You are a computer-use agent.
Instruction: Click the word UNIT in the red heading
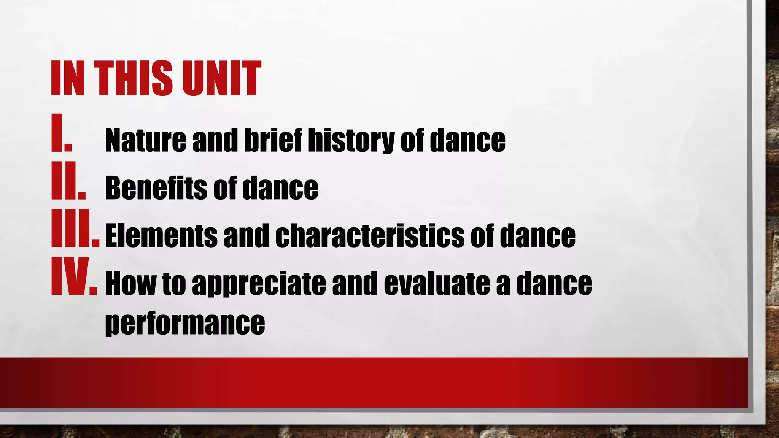[221, 79]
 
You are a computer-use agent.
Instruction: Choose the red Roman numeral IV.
[73, 276]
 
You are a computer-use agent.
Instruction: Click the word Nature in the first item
[145, 140]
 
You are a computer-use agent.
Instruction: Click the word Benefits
[156, 188]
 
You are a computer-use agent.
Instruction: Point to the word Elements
[161, 236]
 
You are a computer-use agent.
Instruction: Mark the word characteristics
[369, 236]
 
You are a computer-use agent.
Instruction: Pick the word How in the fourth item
[130, 283]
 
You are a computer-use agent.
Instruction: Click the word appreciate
[259, 283]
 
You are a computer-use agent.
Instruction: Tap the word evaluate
[437, 283]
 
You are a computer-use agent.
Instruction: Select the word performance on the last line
[185, 323]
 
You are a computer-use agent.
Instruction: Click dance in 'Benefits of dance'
[280, 188]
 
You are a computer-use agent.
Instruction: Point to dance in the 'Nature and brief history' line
[467, 140]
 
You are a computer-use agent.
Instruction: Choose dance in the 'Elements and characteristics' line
[537, 236]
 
